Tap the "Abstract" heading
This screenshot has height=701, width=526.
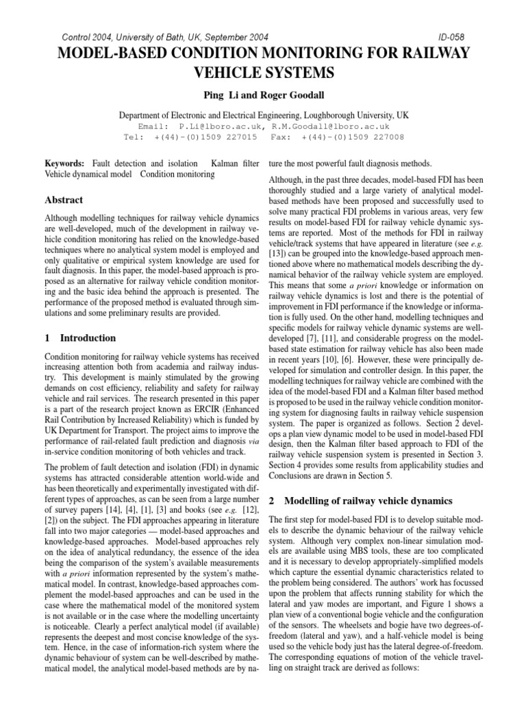(x=64, y=200)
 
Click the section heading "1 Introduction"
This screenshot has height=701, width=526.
(x=80, y=338)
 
